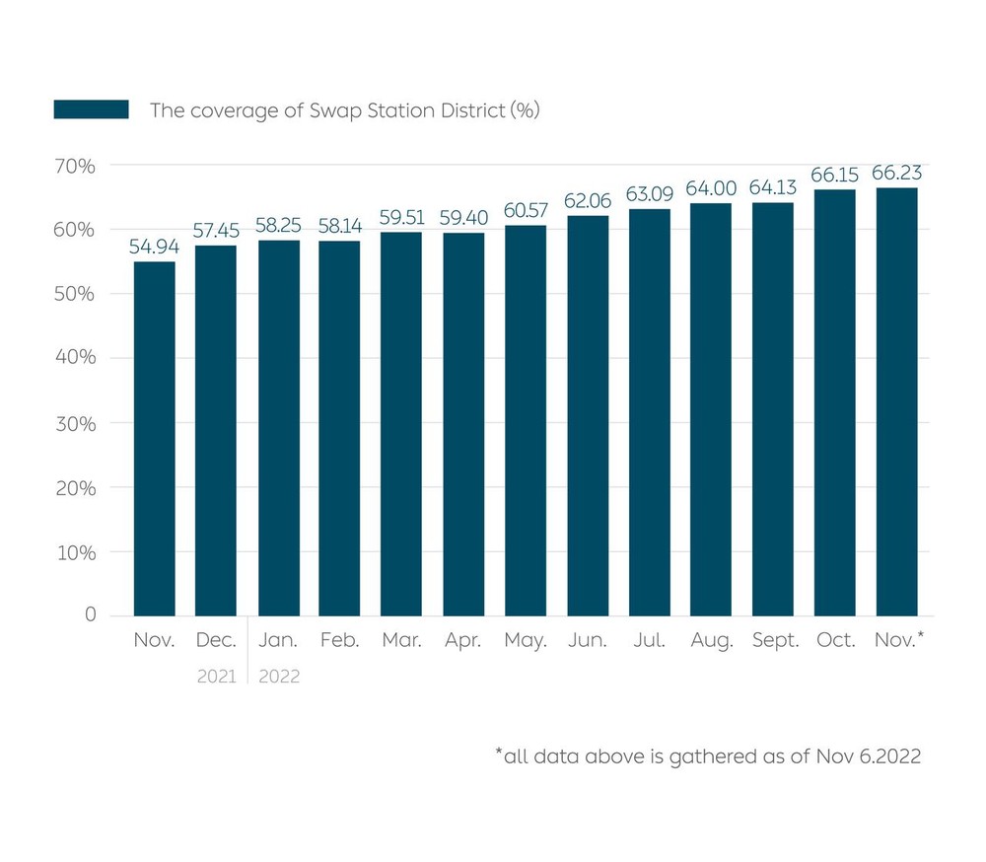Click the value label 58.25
(x=278, y=226)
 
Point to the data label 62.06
(x=588, y=201)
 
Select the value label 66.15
(x=835, y=175)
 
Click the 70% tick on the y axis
(x=75, y=166)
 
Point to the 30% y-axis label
(x=75, y=423)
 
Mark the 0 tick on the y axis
(x=91, y=615)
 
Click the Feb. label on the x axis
(x=339, y=641)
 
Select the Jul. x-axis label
(x=650, y=641)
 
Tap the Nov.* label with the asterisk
(x=899, y=641)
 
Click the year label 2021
(x=216, y=678)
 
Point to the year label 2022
(x=279, y=678)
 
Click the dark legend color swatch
(x=91, y=109)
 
